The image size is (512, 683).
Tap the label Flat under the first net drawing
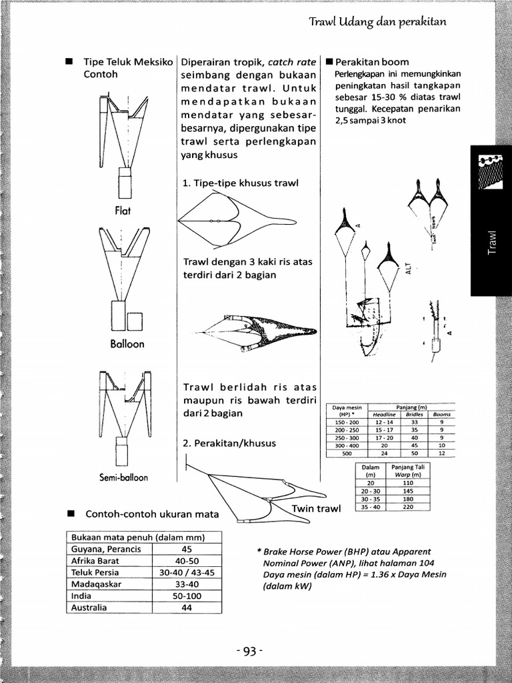(122, 211)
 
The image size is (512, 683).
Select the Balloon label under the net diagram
(127, 344)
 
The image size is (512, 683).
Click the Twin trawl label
(316, 509)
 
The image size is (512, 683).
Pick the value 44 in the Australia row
(187, 608)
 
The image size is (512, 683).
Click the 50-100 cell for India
(187, 596)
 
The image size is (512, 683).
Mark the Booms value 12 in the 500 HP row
(441, 453)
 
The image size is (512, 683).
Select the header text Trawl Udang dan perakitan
(377, 22)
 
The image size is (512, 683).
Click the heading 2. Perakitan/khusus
(229, 443)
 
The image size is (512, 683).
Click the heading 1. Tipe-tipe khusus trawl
(240, 183)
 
